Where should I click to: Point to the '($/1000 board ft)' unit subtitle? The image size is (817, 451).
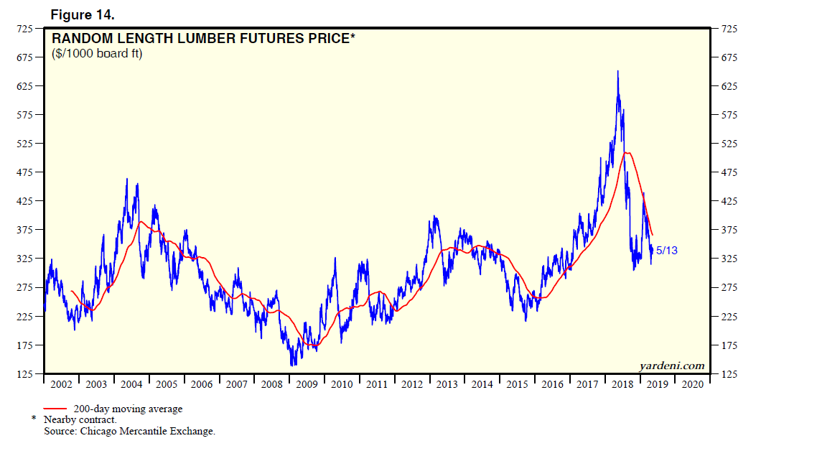pyautogui.click(x=97, y=54)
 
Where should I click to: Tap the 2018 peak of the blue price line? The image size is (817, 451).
pyautogui.click(x=617, y=71)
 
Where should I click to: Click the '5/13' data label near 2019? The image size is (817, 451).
pyautogui.click(x=667, y=251)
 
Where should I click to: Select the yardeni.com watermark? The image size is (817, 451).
pyautogui.click(x=672, y=366)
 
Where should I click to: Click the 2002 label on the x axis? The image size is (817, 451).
pyautogui.click(x=62, y=384)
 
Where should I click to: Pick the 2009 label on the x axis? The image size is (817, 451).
pyautogui.click(x=307, y=384)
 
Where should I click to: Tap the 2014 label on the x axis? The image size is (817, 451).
pyautogui.click(x=482, y=384)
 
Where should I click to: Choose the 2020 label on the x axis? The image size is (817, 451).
pyautogui.click(x=692, y=384)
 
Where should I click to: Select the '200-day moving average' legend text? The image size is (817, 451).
pyautogui.click(x=128, y=409)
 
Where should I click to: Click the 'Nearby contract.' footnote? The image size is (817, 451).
pyautogui.click(x=80, y=419)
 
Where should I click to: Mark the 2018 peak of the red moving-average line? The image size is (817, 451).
pyautogui.click(x=627, y=153)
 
